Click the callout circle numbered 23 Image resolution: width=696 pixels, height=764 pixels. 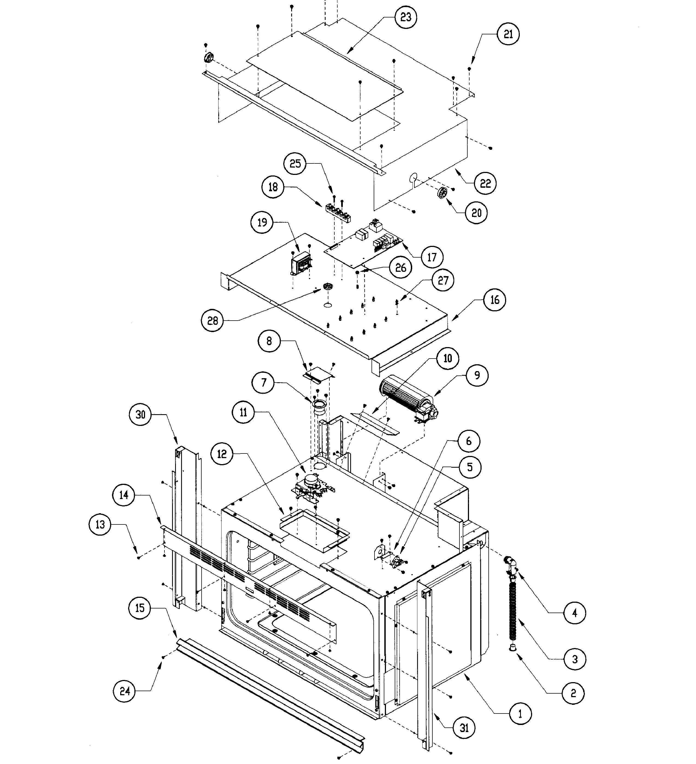[405, 17]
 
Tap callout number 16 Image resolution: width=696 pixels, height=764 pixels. [495, 300]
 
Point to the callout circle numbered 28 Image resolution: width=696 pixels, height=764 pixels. [213, 321]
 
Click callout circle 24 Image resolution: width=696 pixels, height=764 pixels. [125, 691]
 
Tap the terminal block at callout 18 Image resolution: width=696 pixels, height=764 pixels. [338, 212]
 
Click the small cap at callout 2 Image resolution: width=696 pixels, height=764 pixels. [512, 647]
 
